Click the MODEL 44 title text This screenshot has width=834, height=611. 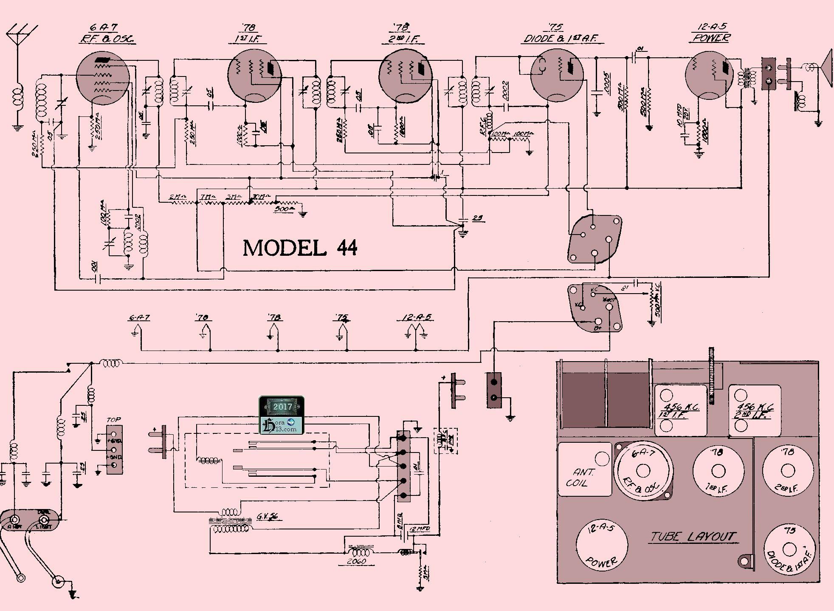coord(300,248)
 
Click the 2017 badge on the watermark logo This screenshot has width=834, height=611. coord(282,407)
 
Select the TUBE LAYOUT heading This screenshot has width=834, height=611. coord(693,537)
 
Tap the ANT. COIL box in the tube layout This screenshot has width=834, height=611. coord(584,470)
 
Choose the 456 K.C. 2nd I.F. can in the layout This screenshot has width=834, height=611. coord(755,411)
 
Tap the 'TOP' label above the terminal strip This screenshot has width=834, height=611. coord(113,420)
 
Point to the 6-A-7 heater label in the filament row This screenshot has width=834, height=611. coord(139,317)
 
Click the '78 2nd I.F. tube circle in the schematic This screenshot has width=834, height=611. coord(405,76)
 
